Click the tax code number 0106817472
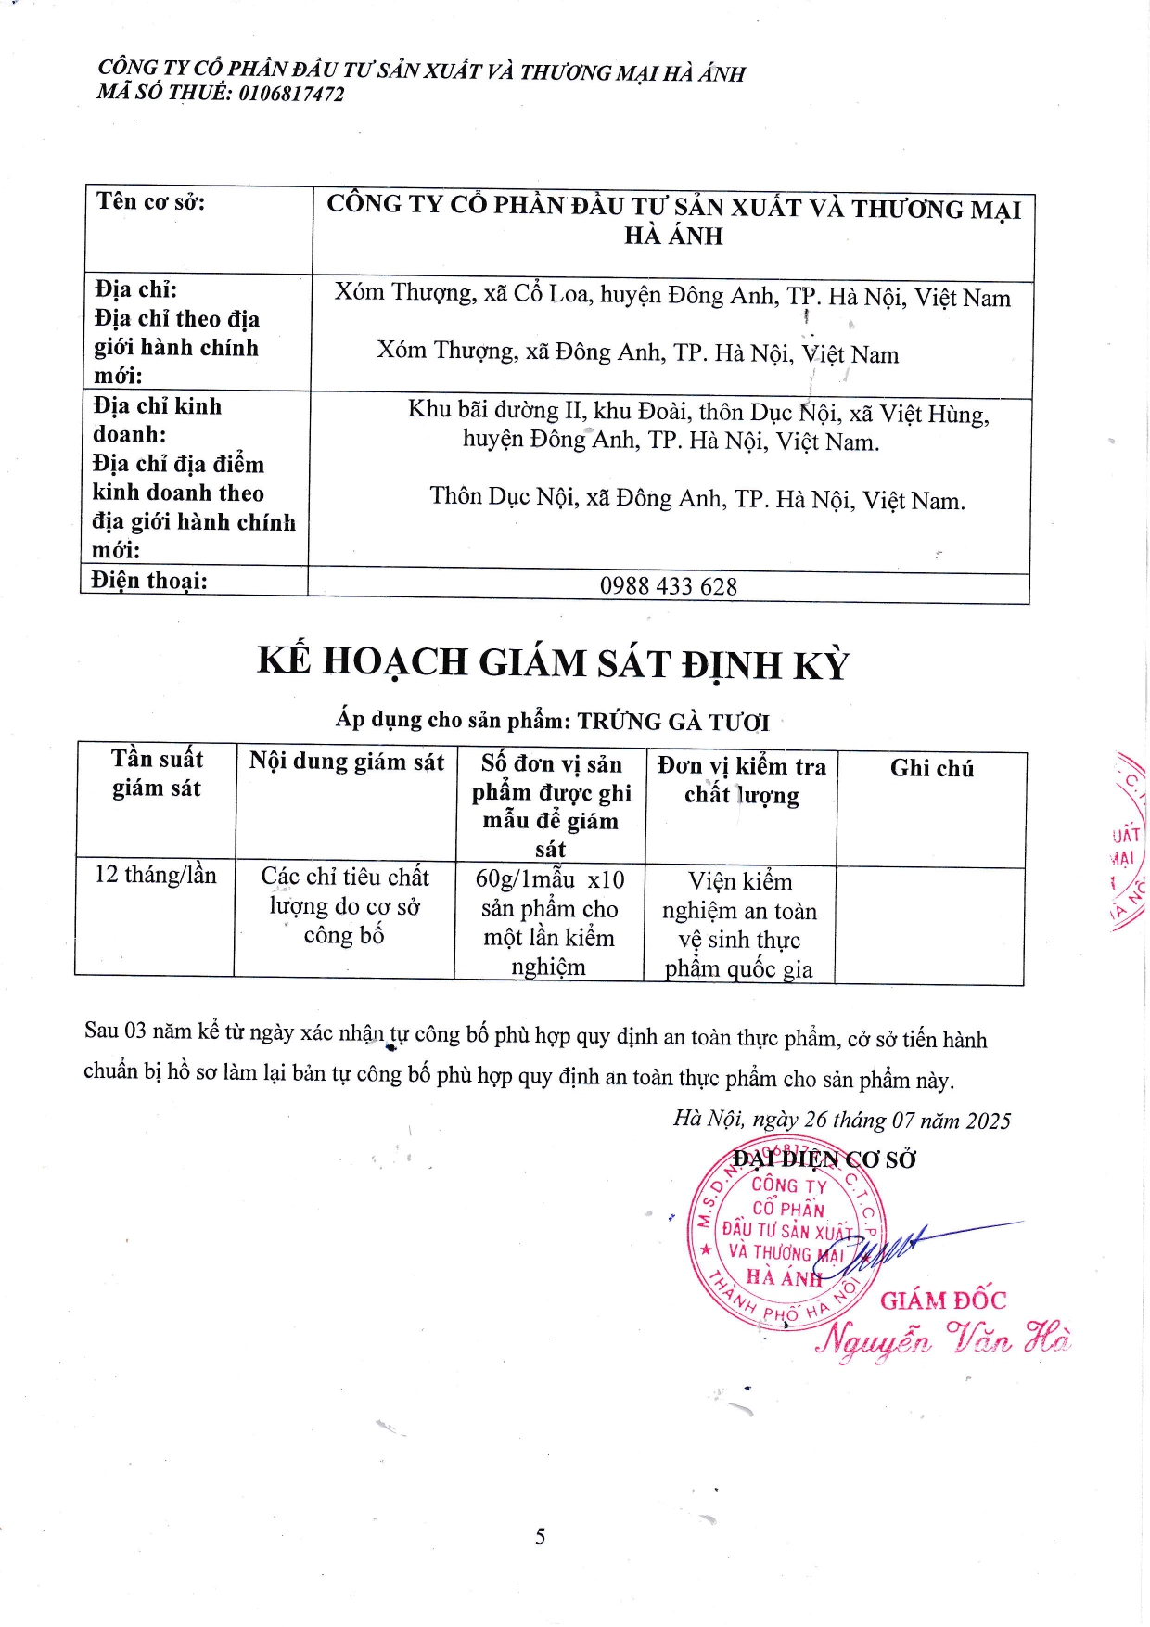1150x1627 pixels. [x=291, y=94]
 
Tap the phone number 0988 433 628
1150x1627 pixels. [x=668, y=586]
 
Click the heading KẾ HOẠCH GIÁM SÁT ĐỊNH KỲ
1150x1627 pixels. [x=553, y=663]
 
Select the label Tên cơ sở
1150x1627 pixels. [x=150, y=201]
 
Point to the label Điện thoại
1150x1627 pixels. [x=149, y=581]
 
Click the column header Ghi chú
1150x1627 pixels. [x=931, y=768]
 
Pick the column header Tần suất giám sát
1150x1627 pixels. [x=157, y=773]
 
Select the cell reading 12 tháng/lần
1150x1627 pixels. [x=156, y=875]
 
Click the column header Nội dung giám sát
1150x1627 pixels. [x=346, y=762]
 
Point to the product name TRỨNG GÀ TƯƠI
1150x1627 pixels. [x=673, y=722]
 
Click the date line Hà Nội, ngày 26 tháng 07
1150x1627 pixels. [x=841, y=1121]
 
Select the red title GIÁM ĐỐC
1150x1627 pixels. [x=942, y=1300]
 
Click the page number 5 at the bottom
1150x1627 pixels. [x=540, y=1537]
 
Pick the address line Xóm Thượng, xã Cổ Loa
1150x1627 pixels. [x=672, y=296]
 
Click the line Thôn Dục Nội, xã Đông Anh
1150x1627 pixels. [x=696, y=499]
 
